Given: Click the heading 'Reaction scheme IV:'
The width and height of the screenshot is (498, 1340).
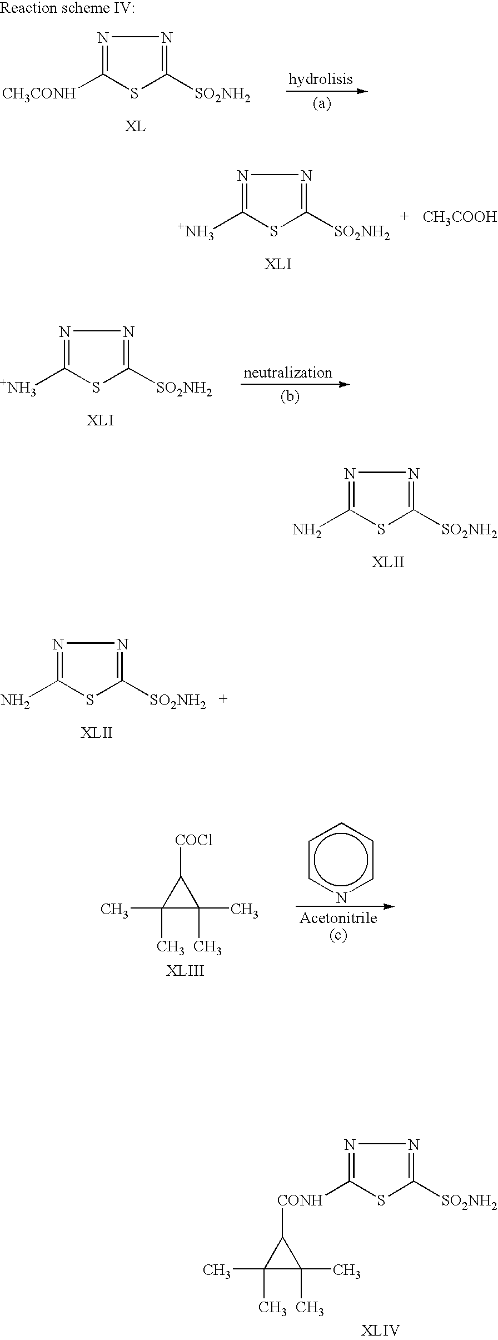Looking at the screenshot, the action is point(67,8).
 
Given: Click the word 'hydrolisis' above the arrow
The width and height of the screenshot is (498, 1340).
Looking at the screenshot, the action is point(321,79).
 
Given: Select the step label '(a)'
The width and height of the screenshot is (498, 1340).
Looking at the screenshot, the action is point(321,103).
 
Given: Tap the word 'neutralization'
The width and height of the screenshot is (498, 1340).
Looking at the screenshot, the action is point(288,373).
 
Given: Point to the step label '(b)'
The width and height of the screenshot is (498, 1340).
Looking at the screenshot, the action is point(290,397).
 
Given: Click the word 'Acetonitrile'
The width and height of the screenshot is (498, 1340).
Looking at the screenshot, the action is point(338,917).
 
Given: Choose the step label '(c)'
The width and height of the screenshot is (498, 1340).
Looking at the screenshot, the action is point(338,935).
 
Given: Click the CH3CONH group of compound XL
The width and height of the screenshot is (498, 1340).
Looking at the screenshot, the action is point(39,93).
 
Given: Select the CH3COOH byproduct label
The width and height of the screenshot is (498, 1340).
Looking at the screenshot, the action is point(460,217).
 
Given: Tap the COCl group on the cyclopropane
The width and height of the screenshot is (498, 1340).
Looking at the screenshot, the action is point(194,840).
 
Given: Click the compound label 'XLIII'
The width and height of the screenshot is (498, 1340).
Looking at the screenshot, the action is point(185,971).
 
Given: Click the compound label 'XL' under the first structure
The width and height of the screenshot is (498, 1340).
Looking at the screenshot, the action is point(135,126).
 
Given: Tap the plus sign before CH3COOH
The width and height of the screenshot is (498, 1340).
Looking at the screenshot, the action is point(404,216).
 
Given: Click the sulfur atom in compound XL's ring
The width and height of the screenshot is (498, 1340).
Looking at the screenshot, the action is point(133,94).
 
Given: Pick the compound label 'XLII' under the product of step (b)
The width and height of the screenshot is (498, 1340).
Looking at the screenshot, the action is point(388,562).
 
